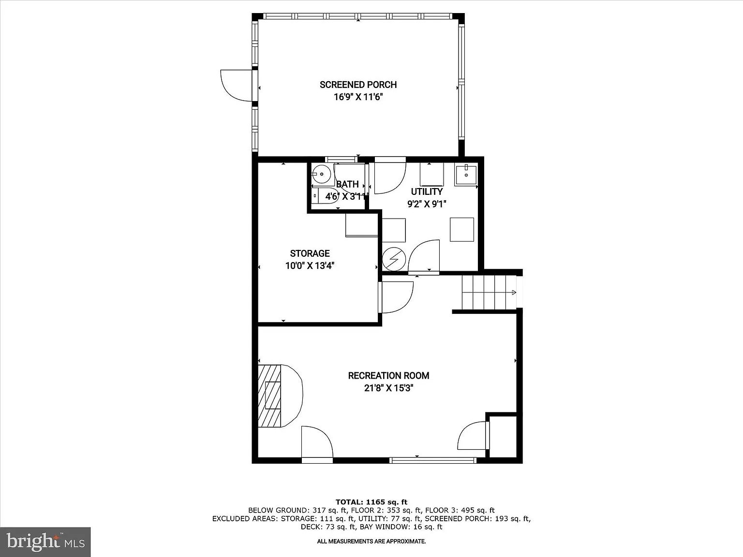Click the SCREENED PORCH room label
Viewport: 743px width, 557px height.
(358, 85)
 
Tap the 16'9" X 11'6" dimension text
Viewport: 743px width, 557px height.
(358, 97)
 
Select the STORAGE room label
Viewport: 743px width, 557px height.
(310, 253)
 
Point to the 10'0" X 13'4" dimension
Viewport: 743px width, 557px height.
(310, 266)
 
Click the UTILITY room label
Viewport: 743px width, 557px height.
(427, 192)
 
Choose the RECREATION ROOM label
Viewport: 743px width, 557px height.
(388, 376)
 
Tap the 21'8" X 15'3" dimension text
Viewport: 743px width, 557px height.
(388, 388)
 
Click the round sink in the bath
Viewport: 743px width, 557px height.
(321, 174)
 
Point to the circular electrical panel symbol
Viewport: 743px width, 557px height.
(394, 259)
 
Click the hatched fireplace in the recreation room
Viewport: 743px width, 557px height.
(270, 396)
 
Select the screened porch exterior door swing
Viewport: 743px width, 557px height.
(236, 85)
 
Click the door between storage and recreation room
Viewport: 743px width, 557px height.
(396, 297)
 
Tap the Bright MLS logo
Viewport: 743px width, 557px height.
(45, 542)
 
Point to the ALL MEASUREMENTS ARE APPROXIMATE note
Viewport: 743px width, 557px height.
(371, 542)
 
